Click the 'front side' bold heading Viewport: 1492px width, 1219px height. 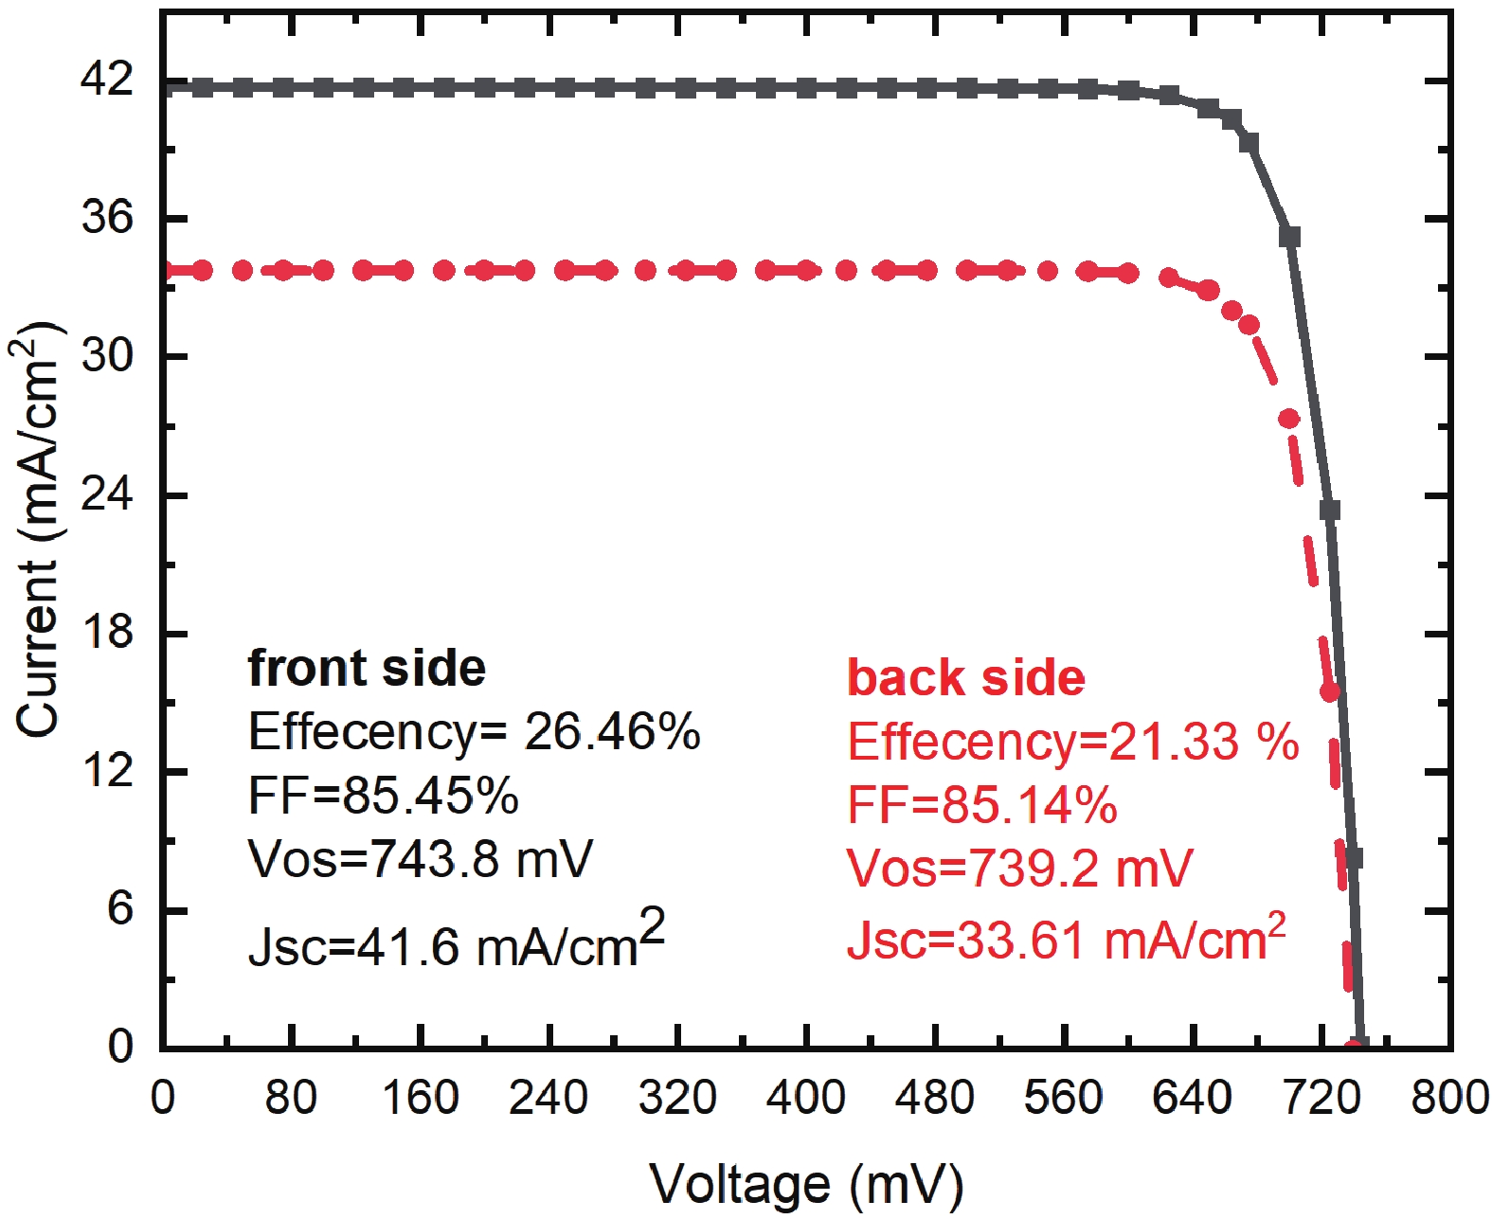[367, 669]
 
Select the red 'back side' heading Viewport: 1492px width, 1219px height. [965, 678]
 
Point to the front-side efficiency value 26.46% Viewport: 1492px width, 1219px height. [612, 732]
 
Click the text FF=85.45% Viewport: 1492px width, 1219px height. [383, 796]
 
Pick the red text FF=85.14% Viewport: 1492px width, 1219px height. [981, 805]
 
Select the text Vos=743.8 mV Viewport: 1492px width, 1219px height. [420, 859]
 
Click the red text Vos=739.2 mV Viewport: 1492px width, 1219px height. [1018, 869]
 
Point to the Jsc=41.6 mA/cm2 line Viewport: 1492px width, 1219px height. [456, 942]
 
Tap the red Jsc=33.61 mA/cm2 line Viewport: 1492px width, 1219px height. [1066, 939]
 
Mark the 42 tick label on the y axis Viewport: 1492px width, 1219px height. [107, 81]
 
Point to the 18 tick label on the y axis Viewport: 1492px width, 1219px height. [107, 633]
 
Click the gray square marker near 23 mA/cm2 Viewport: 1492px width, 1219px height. [1330, 511]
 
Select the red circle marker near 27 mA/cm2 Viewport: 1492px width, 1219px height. [1289, 418]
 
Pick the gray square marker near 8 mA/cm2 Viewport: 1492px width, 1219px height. [1353, 858]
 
